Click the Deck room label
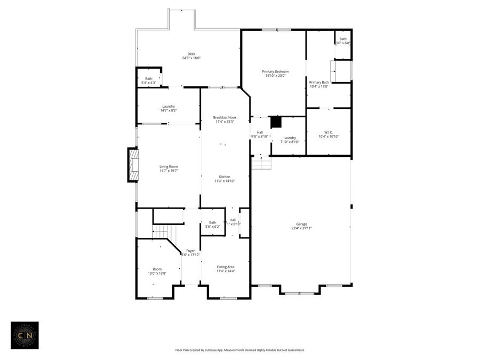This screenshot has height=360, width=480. [191, 54]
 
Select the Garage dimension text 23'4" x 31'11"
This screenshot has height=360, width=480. [301, 228]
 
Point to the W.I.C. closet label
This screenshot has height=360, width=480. [329, 132]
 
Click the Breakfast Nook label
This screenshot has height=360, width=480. [225, 117]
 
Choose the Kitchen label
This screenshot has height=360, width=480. [225, 177]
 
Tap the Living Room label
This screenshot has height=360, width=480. [169, 167]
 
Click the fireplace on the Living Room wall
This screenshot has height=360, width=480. [133, 165]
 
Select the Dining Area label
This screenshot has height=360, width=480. [225, 267]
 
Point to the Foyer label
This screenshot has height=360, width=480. [190, 251]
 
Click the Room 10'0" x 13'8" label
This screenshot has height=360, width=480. [157, 269]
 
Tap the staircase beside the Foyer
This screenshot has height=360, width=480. [160, 231]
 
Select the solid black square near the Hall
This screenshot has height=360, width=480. [276, 122]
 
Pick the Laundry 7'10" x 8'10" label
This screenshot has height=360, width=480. [290, 138]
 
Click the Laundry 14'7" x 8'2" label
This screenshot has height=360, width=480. [169, 106]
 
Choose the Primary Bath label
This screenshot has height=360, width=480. [318, 82]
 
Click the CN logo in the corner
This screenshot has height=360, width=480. [25, 335]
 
